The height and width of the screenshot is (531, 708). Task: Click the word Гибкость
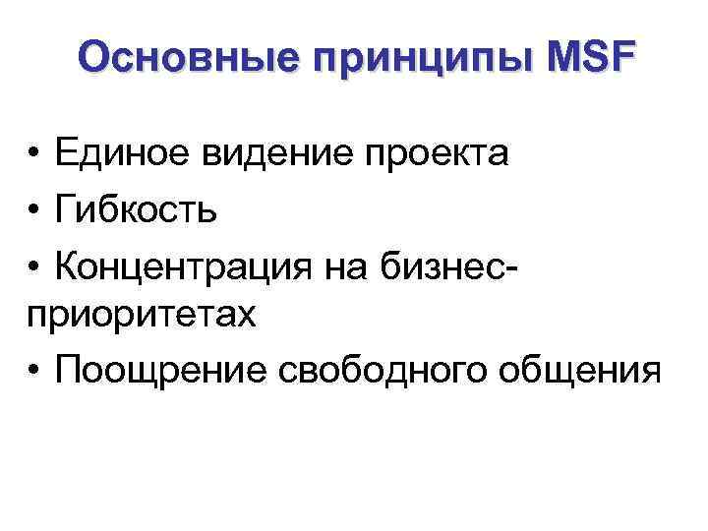(x=137, y=208)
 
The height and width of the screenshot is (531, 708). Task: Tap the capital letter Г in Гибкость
(x=67, y=208)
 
